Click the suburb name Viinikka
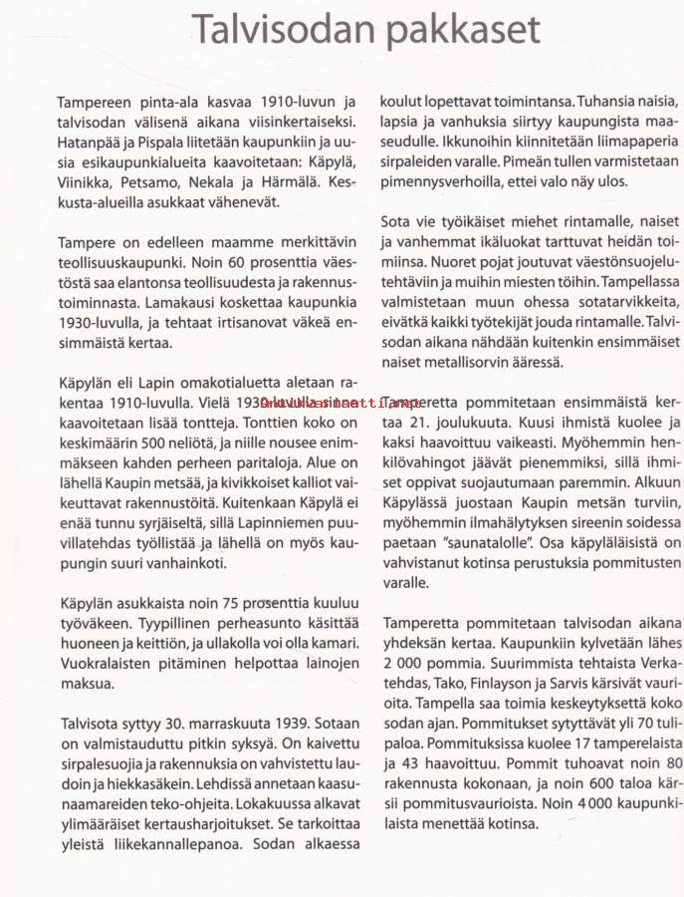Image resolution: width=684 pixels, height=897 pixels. coord(84,183)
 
